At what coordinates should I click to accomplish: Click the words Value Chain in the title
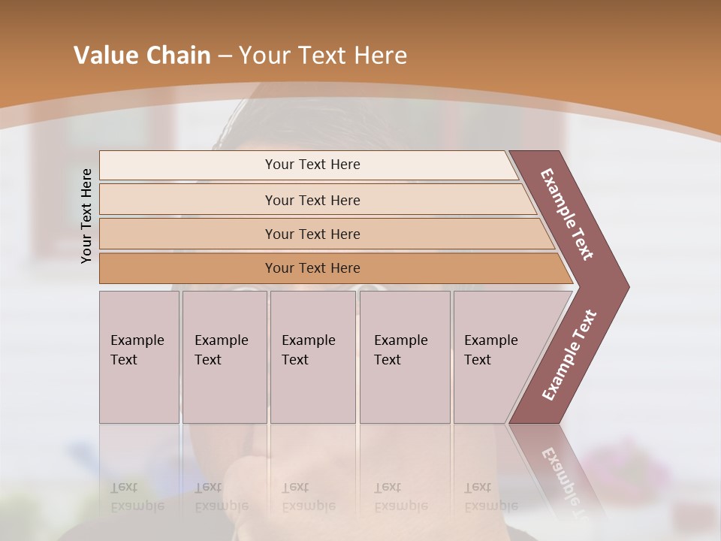point(142,56)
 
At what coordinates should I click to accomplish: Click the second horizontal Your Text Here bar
point(312,200)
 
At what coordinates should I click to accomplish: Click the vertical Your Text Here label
point(86,216)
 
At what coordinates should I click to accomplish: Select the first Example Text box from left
point(139,356)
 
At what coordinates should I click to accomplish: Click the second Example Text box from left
point(224,356)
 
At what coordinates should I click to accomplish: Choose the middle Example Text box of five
point(312,356)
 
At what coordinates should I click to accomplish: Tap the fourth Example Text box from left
point(404,356)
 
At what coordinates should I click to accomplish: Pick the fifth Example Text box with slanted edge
point(496,356)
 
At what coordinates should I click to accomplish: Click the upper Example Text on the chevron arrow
point(567,214)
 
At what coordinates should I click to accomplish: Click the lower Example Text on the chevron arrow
point(569,355)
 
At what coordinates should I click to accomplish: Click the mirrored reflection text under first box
point(137,497)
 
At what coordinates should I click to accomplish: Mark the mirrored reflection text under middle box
point(309,497)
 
